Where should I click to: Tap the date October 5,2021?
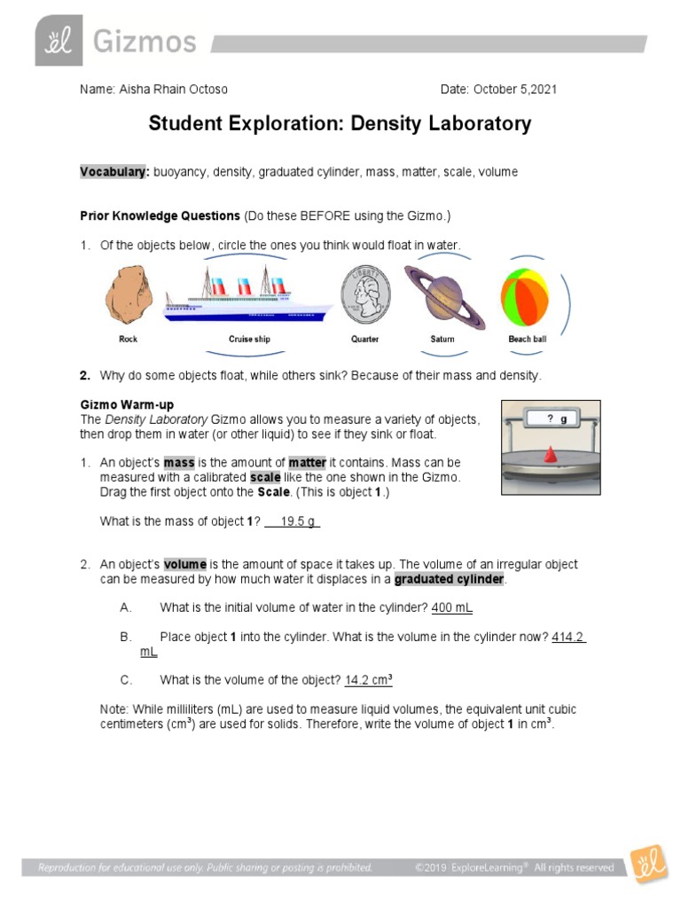coord(514,90)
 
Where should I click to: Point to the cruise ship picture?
coord(249,296)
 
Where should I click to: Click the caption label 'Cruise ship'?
coord(249,339)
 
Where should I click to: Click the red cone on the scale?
coord(551,454)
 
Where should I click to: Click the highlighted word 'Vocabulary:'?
coord(114,171)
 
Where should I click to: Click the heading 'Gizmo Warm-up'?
coord(127,404)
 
